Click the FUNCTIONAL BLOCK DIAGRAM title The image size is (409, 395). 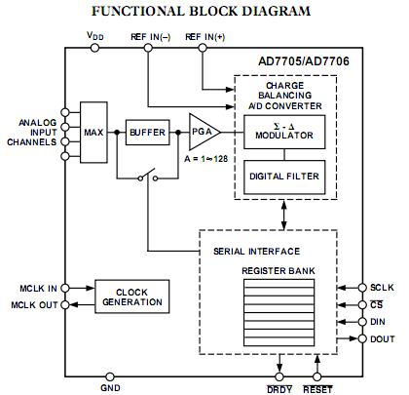201,12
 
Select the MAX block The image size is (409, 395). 94,131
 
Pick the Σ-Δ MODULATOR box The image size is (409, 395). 283,133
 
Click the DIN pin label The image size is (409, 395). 381,322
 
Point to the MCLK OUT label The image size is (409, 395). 33,305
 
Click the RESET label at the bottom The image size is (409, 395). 319,388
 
